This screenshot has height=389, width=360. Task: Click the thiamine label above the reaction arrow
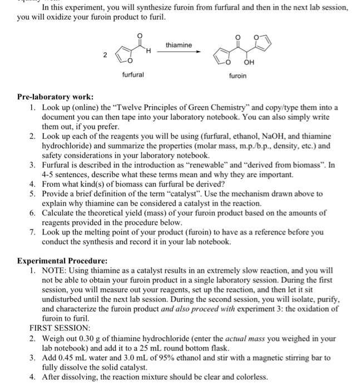point(178,45)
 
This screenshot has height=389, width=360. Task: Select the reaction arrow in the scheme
point(178,52)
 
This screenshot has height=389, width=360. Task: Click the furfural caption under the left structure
point(133,74)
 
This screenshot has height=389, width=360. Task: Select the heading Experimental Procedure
point(62,261)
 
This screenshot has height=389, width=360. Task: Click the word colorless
point(249,377)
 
